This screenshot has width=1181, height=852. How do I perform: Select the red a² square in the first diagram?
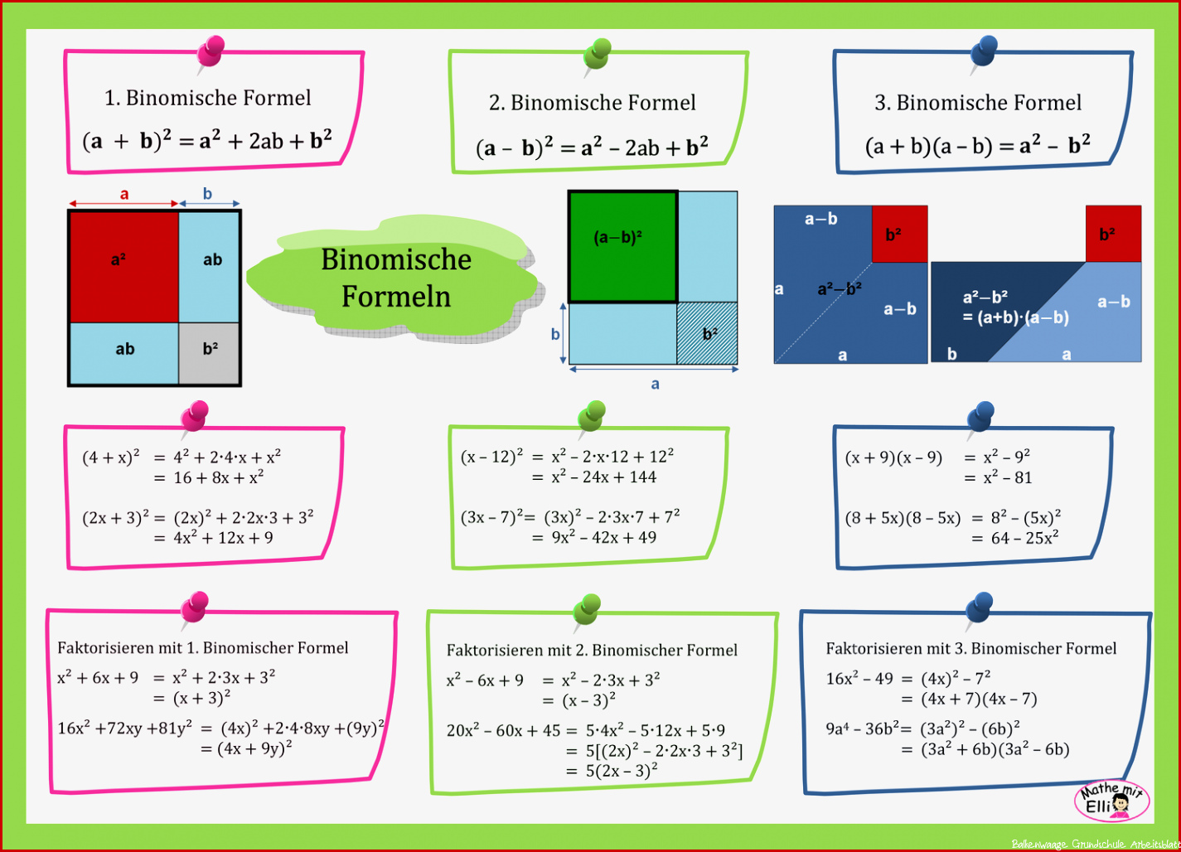tap(124, 268)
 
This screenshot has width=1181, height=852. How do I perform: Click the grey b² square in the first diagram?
tap(210, 353)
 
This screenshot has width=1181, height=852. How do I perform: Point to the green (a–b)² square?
tap(622, 247)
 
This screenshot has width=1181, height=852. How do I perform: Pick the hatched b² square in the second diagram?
tap(707, 333)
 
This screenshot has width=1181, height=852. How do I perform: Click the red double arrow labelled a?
tap(123, 204)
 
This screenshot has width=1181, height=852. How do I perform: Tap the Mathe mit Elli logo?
tap(1112, 801)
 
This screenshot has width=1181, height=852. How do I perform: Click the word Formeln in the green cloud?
tap(396, 297)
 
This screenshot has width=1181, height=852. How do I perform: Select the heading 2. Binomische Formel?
tap(592, 103)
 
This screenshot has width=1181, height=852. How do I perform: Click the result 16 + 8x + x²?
tap(218, 477)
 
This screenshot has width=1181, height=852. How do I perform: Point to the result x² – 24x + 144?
tap(603, 477)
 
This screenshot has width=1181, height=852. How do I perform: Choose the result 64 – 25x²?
tap(1024, 538)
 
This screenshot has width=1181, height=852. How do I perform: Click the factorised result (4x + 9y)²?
tap(254, 748)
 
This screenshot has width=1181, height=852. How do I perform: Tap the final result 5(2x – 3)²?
tap(622, 771)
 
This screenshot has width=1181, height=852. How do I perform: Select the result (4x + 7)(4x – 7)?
tap(979, 700)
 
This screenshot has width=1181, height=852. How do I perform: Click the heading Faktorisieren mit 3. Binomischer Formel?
tap(971, 648)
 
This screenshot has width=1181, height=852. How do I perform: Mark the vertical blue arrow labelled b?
tap(563, 333)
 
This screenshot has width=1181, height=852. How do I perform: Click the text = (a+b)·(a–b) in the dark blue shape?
tap(1015, 317)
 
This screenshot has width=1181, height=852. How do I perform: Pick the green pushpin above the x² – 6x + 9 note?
tap(587, 612)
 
